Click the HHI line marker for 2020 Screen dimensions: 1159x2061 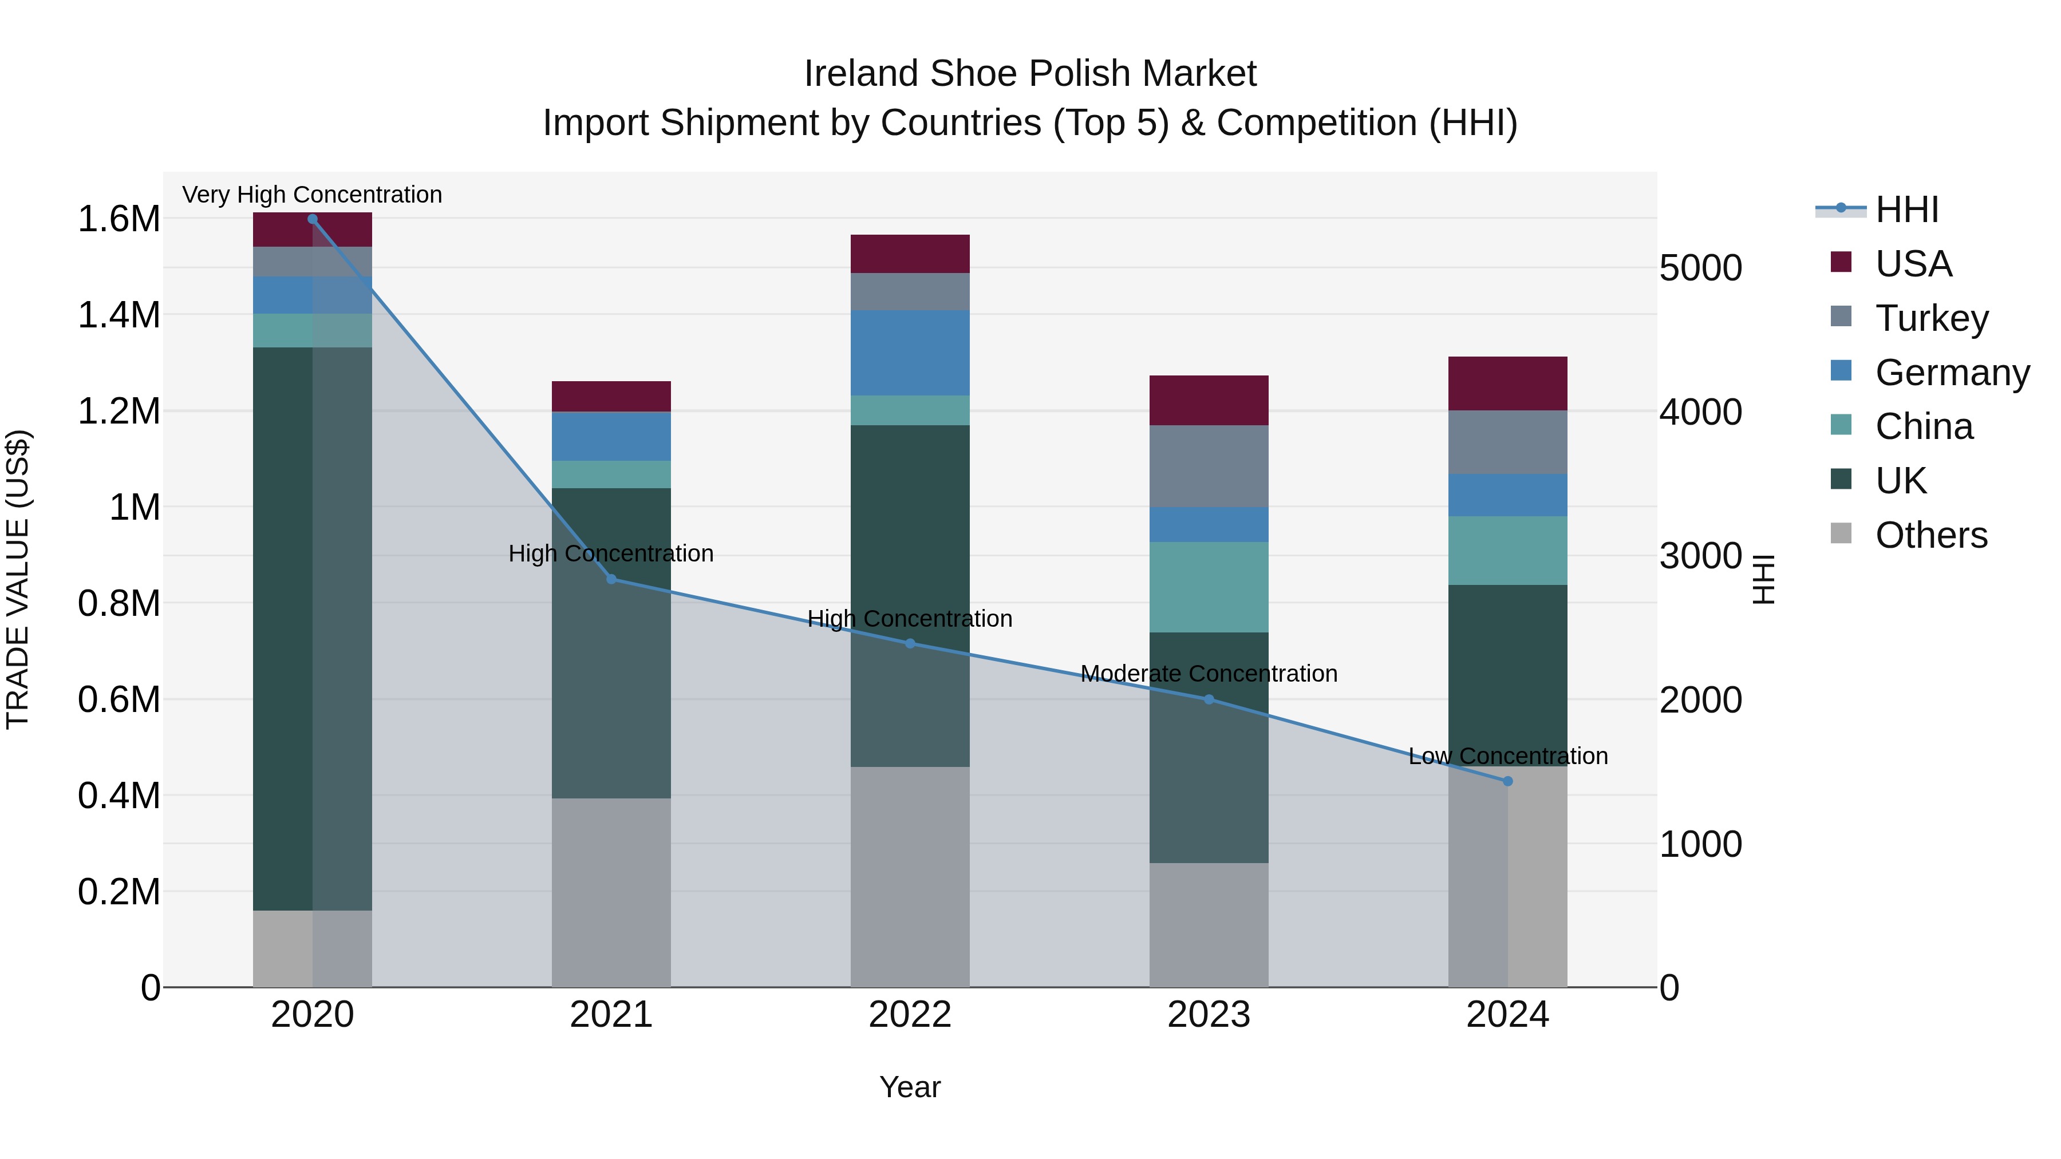(313, 219)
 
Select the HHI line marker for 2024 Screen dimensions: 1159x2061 (1507, 781)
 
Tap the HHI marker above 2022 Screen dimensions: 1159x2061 (910, 644)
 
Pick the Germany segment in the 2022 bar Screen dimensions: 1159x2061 (910, 353)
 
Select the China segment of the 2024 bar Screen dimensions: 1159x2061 (1507, 550)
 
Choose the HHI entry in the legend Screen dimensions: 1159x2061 (1906, 209)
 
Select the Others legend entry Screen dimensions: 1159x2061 (1930, 535)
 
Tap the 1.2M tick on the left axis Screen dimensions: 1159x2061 (119, 411)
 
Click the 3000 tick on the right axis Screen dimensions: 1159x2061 (1700, 556)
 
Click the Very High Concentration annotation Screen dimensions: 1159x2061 (312, 195)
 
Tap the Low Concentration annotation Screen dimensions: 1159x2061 (1507, 756)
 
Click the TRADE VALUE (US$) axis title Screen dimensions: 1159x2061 (18, 579)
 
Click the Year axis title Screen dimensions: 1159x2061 (910, 1087)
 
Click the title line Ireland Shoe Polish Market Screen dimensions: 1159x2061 (1030, 74)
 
